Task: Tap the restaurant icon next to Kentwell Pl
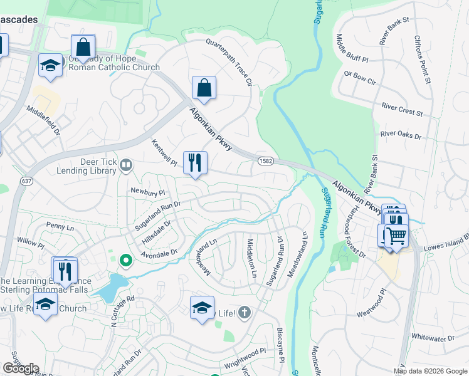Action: [195, 163]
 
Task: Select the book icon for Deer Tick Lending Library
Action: [126, 165]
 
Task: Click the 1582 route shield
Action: [264, 162]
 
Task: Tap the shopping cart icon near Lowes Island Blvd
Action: [396, 236]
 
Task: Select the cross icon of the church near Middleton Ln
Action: [245, 311]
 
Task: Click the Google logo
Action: [21, 368]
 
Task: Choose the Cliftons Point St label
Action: [421, 60]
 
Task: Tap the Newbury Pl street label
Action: [147, 192]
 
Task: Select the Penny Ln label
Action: [60, 224]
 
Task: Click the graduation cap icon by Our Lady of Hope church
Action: [50, 65]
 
